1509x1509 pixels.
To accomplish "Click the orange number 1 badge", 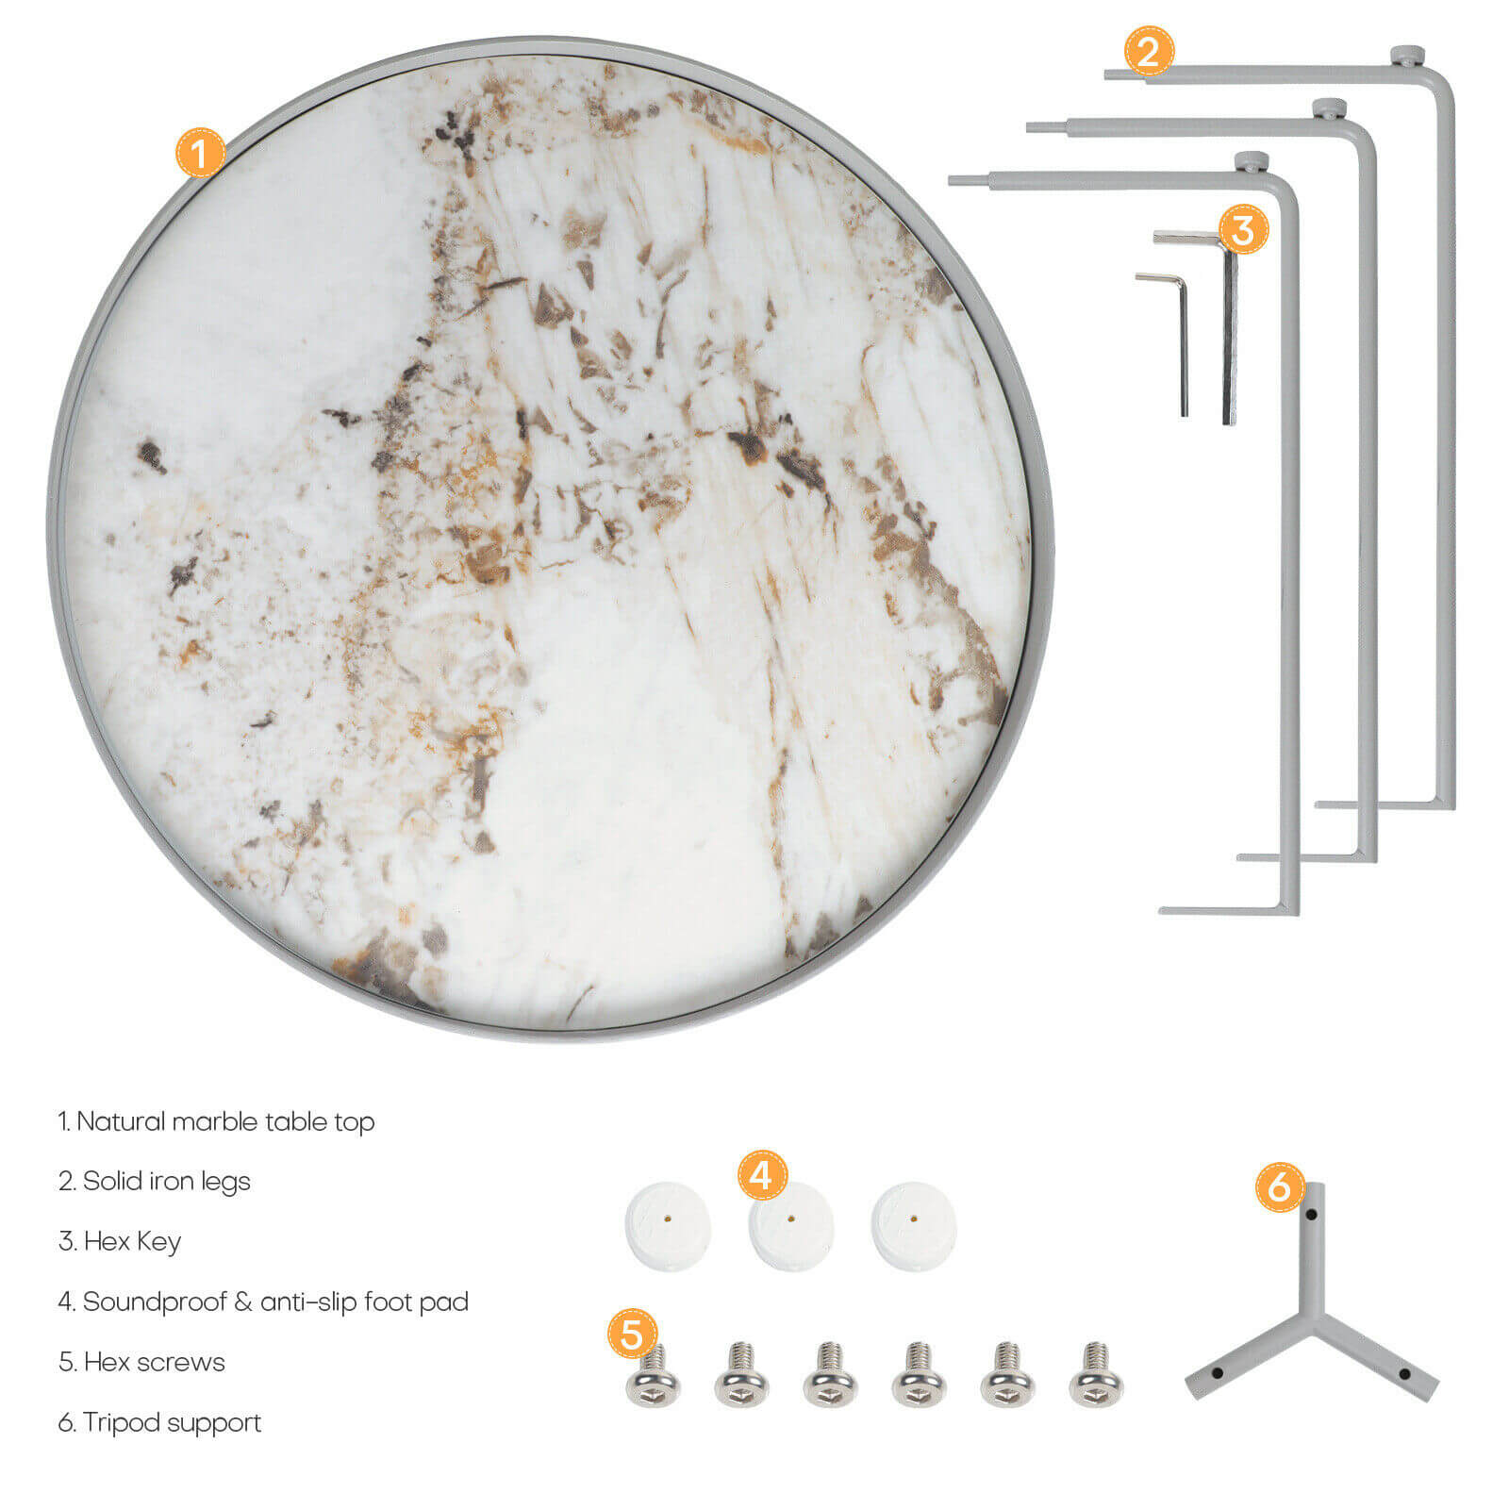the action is pos(200,152).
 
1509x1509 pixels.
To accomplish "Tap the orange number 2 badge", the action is pos(1148,51).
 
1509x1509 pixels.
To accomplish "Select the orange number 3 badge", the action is pos(1243,229).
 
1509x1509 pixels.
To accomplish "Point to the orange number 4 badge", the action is pos(762,1175).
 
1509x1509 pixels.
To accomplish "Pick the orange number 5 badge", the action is pos(632,1334).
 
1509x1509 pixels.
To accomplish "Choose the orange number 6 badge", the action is pos(1280,1186).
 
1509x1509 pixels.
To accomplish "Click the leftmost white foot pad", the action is pos(668,1226).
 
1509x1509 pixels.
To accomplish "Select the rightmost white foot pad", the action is pos(914,1227).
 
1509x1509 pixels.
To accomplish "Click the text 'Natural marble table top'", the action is pos(225,1121).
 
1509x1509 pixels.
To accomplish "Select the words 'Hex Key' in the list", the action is pos(132,1241).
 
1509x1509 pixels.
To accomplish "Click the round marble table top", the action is pos(551,539).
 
